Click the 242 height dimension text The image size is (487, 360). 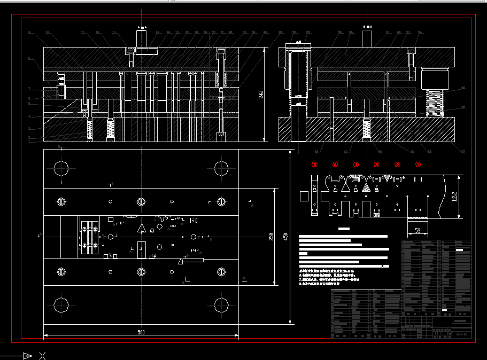(261, 95)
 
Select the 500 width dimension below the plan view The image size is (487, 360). (141, 332)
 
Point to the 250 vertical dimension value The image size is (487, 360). (271, 237)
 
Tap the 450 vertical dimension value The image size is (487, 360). (285, 237)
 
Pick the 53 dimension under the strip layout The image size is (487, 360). (418, 231)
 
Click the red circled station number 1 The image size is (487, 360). (418, 165)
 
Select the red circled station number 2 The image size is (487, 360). (397, 165)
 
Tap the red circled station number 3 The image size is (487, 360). (376, 165)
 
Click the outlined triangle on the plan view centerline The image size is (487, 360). (142, 229)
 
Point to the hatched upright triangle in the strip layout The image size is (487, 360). (366, 187)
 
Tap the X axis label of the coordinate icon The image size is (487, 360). (42, 355)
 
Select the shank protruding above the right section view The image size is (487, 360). (367, 38)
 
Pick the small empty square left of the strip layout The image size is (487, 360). (304, 196)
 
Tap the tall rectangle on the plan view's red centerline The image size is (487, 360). (141, 250)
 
